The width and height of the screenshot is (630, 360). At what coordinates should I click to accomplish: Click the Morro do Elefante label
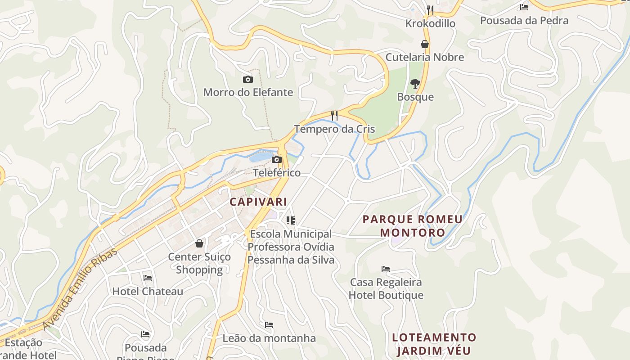(x=248, y=92)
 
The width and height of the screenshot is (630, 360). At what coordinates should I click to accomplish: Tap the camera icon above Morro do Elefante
(x=247, y=80)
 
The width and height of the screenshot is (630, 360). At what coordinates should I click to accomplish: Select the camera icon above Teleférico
(x=277, y=160)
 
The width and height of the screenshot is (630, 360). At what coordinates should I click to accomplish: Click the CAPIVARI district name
(x=258, y=202)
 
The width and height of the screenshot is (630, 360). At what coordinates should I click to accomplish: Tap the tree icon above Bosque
(x=415, y=83)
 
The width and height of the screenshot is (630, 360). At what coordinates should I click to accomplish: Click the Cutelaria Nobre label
(x=424, y=57)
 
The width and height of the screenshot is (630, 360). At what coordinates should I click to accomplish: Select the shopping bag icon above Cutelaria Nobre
(x=424, y=44)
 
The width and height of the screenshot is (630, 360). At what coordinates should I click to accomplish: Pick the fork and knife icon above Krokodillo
(x=430, y=10)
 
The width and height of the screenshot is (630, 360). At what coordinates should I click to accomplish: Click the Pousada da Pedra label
(x=524, y=20)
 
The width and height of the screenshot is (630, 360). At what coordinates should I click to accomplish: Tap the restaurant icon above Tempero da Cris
(x=334, y=116)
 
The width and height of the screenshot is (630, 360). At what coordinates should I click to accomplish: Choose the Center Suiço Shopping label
(x=199, y=263)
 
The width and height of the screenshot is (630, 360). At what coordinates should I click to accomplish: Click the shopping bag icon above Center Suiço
(x=199, y=244)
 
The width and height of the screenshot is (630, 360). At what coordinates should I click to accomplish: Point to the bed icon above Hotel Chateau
(x=147, y=278)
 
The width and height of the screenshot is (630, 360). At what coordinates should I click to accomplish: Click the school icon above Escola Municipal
(x=291, y=220)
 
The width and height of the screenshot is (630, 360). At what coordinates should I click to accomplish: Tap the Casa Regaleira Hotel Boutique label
(x=386, y=288)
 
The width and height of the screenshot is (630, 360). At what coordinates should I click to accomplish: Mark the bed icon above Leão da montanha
(x=269, y=325)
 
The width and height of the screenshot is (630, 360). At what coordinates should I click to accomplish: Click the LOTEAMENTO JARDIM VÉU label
(x=434, y=344)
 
